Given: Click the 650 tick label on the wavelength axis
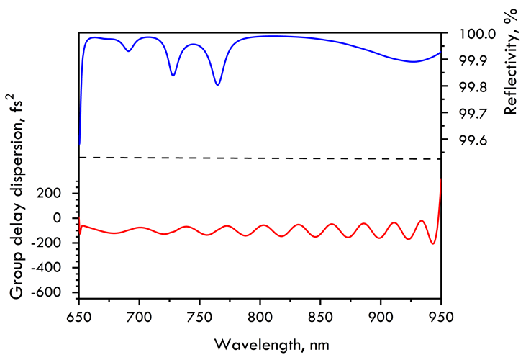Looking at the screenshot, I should (x=78, y=314).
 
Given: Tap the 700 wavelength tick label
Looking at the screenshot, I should (x=139, y=314).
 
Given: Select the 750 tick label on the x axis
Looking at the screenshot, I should (x=199, y=314).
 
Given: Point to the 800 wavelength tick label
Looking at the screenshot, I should (x=260, y=314).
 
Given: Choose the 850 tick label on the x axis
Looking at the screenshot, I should (x=320, y=314).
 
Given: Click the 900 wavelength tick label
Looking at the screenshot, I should (x=381, y=314).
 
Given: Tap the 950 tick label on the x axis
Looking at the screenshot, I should (x=440, y=314).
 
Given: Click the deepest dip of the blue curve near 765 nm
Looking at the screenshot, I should (x=217, y=84).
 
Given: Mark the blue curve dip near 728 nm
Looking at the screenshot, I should (x=173, y=75).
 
